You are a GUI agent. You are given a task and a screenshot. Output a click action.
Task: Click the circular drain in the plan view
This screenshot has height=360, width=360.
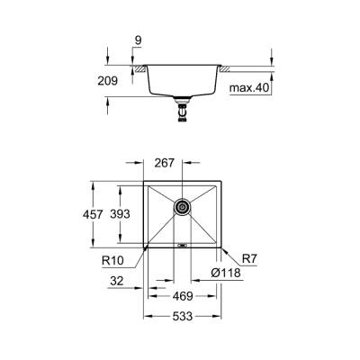[x=182, y=207]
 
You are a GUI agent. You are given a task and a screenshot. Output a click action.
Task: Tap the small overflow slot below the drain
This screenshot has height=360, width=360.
[x=182, y=244]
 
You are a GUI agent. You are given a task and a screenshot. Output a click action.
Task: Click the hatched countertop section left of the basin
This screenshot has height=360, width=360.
[x=141, y=68]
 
